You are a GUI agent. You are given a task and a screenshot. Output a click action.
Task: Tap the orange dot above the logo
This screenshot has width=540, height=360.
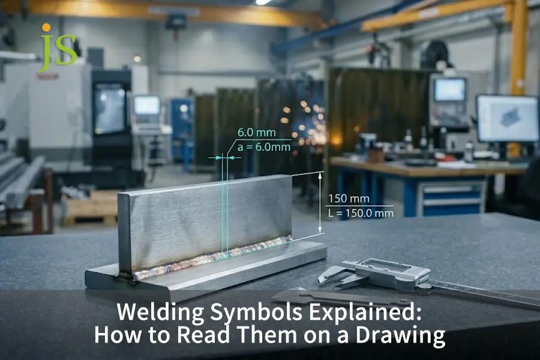click(46, 27)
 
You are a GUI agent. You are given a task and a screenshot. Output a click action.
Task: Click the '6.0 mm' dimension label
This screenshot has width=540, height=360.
click(257, 133)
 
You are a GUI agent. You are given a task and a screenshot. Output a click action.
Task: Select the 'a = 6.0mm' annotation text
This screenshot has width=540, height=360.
click(264, 148)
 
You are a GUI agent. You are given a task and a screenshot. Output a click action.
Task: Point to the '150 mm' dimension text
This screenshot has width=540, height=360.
click(349, 199)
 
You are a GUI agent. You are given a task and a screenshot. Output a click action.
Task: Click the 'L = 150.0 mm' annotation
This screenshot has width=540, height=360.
click(361, 213)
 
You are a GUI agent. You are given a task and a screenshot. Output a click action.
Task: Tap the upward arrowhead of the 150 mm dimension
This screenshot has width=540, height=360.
click(320, 176)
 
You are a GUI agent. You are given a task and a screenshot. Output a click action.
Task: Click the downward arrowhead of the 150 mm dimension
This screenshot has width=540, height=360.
click(320, 229)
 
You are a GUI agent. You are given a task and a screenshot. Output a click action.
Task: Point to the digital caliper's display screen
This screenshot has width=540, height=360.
click(388, 266)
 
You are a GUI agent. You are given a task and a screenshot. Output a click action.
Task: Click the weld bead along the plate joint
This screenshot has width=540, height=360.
click(212, 257)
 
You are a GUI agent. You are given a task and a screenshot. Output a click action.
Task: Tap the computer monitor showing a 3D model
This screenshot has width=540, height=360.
click(508, 119)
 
